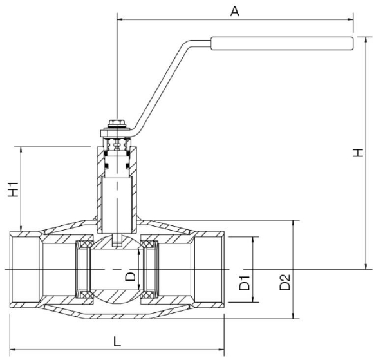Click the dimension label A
pyautogui.click(x=235, y=12)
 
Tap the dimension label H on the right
pyautogui.click(x=358, y=153)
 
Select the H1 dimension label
pyautogui.click(x=14, y=189)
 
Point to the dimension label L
pyautogui.click(x=117, y=341)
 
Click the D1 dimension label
pyautogui.click(x=244, y=283)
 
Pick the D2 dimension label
pyautogui.click(x=285, y=283)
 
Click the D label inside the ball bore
pyautogui.click(x=131, y=277)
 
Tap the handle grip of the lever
pyautogui.click(x=282, y=43)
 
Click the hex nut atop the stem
pyautogui.click(x=117, y=124)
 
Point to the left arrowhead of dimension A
pyautogui.click(x=120, y=19)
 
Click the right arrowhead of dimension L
pyautogui.click(x=221, y=350)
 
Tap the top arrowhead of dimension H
pyautogui.click(x=366, y=40)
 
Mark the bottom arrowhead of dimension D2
pyautogui.click(x=294, y=316)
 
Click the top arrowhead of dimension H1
pyautogui.click(x=21, y=150)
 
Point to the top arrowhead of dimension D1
pyautogui.click(x=253, y=240)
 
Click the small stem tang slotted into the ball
pyautogui.click(x=117, y=240)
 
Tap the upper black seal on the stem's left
pyautogui.click(x=105, y=154)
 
